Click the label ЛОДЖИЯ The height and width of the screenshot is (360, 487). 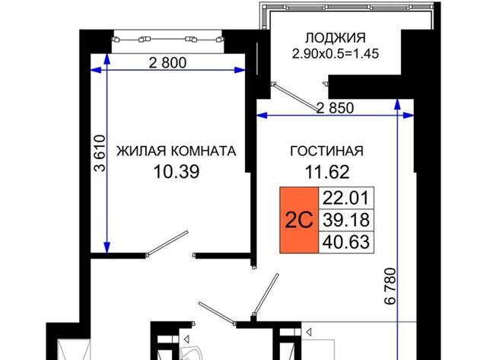(x=336, y=38)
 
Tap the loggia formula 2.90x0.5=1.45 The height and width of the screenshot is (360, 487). (x=336, y=54)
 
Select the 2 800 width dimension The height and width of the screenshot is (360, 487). (x=167, y=63)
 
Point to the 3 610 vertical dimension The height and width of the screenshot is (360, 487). (x=100, y=153)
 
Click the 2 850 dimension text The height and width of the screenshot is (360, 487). (x=335, y=108)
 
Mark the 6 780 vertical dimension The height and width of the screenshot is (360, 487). (x=390, y=285)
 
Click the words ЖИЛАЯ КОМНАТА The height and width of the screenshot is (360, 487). (x=176, y=151)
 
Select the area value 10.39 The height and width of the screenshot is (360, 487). (x=177, y=172)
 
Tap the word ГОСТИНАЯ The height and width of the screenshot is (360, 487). (x=326, y=151)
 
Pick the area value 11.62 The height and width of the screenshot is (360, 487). (x=327, y=172)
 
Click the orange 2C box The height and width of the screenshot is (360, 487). (x=299, y=220)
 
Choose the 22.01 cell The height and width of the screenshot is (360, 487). (x=346, y=198)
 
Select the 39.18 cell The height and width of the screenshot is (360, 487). (x=346, y=220)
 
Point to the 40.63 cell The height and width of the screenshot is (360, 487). (x=346, y=242)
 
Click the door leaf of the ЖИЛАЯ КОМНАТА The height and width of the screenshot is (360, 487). (x=167, y=244)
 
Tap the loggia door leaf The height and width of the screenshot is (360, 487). (x=295, y=97)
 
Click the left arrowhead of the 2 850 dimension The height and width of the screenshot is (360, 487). (x=262, y=116)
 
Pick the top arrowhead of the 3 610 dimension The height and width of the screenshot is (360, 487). (x=107, y=59)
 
